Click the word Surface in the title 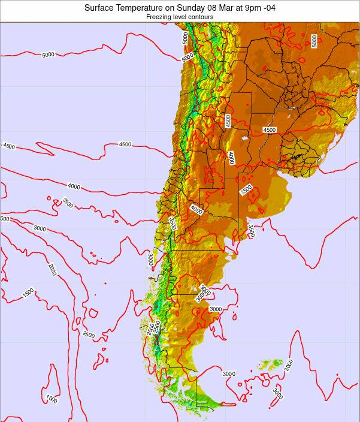(x=100, y=8)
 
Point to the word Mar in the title (x=229, y=8)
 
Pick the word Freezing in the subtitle (x=158, y=17)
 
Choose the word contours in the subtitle (x=201, y=17)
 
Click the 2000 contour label (x=52, y=269)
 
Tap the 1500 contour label (x=28, y=293)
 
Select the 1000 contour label (x=52, y=400)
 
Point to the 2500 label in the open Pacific (x=88, y=334)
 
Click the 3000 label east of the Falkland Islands (x=289, y=364)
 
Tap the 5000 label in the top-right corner (x=314, y=40)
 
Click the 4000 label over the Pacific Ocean (x=74, y=186)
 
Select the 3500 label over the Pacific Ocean (x=67, y=204)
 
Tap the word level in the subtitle (x=179, y=17)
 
